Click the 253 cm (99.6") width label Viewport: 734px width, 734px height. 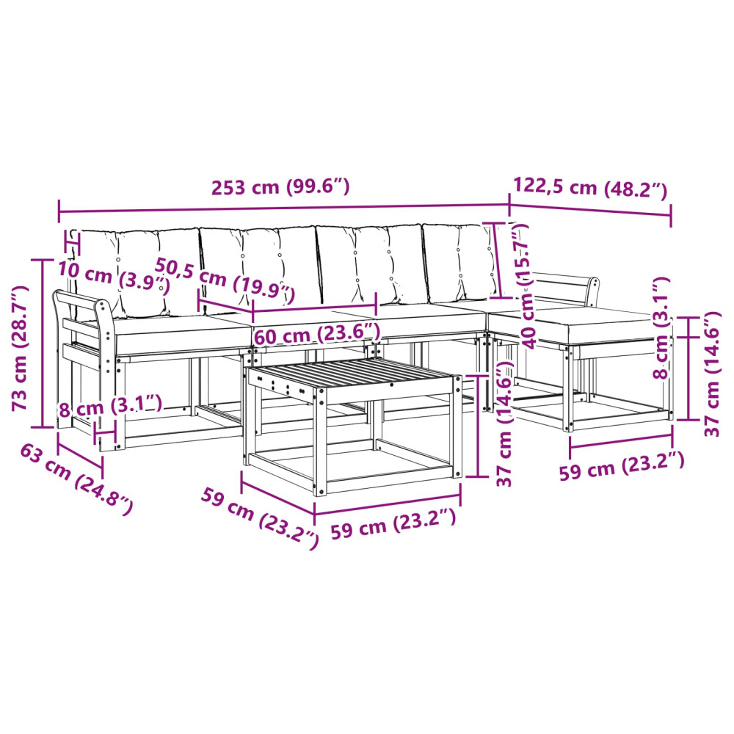click(280, 186)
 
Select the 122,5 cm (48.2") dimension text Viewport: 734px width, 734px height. click(590, 187)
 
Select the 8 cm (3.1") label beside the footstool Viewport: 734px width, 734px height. click(661, 327)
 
